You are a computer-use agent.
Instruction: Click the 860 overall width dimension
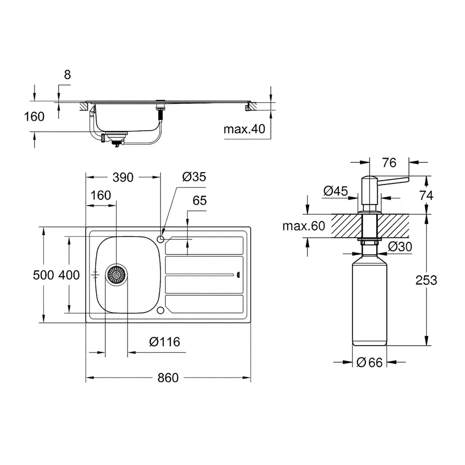tap(167, 378)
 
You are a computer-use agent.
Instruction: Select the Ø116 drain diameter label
tap(164, 342)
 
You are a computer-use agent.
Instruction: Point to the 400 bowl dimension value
tap(69, 275)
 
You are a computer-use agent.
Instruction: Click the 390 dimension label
tap(123, 177)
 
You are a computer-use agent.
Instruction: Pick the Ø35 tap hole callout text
tap(194, 177)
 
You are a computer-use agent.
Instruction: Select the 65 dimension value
tap(199, 200)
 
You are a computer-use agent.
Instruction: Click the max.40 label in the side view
tap(244, 129)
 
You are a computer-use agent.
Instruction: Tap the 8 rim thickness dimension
tap(67, 74)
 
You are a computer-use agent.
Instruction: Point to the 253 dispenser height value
tap(426, 280)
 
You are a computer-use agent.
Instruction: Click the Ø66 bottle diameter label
tap(369, 363)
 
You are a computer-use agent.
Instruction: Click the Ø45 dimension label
tap(336, 191)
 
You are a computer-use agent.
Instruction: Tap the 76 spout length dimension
tap(389, 163)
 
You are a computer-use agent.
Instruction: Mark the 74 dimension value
tap(426, 195)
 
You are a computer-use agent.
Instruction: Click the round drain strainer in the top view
tap(116, 274)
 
